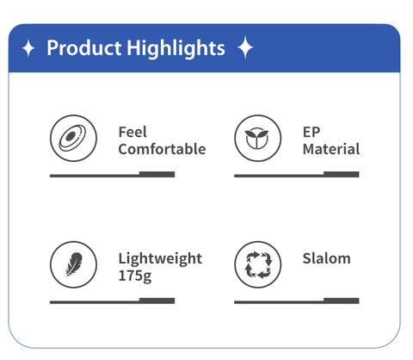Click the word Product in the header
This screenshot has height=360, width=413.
[84, 47]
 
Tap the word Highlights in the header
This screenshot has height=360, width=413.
[176, 48]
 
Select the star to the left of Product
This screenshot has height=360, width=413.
[28, 48]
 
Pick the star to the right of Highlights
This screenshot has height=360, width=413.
[245, 47]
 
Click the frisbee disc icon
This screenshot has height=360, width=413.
[73, 138]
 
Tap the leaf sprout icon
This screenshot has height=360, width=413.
[257, 139]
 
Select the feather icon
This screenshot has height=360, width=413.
[74, 264]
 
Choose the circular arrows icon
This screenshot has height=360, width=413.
[258, 264]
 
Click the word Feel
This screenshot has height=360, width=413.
[133, 132]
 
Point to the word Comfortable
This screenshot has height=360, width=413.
[162, 149]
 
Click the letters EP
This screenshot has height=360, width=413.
[311, 132]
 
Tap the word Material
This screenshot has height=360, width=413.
[331, 149]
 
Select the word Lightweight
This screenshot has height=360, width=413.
[160, 259]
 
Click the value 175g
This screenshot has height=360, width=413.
[135, 276]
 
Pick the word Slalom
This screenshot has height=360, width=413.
[327, 258]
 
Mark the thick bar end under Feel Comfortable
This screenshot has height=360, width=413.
[157, 174]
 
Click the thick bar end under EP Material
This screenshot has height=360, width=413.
[342, 174]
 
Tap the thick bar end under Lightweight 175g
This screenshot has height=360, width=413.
[157, 301]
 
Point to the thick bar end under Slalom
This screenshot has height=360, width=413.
[342, 301]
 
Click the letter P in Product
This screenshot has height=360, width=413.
[52, 48]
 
